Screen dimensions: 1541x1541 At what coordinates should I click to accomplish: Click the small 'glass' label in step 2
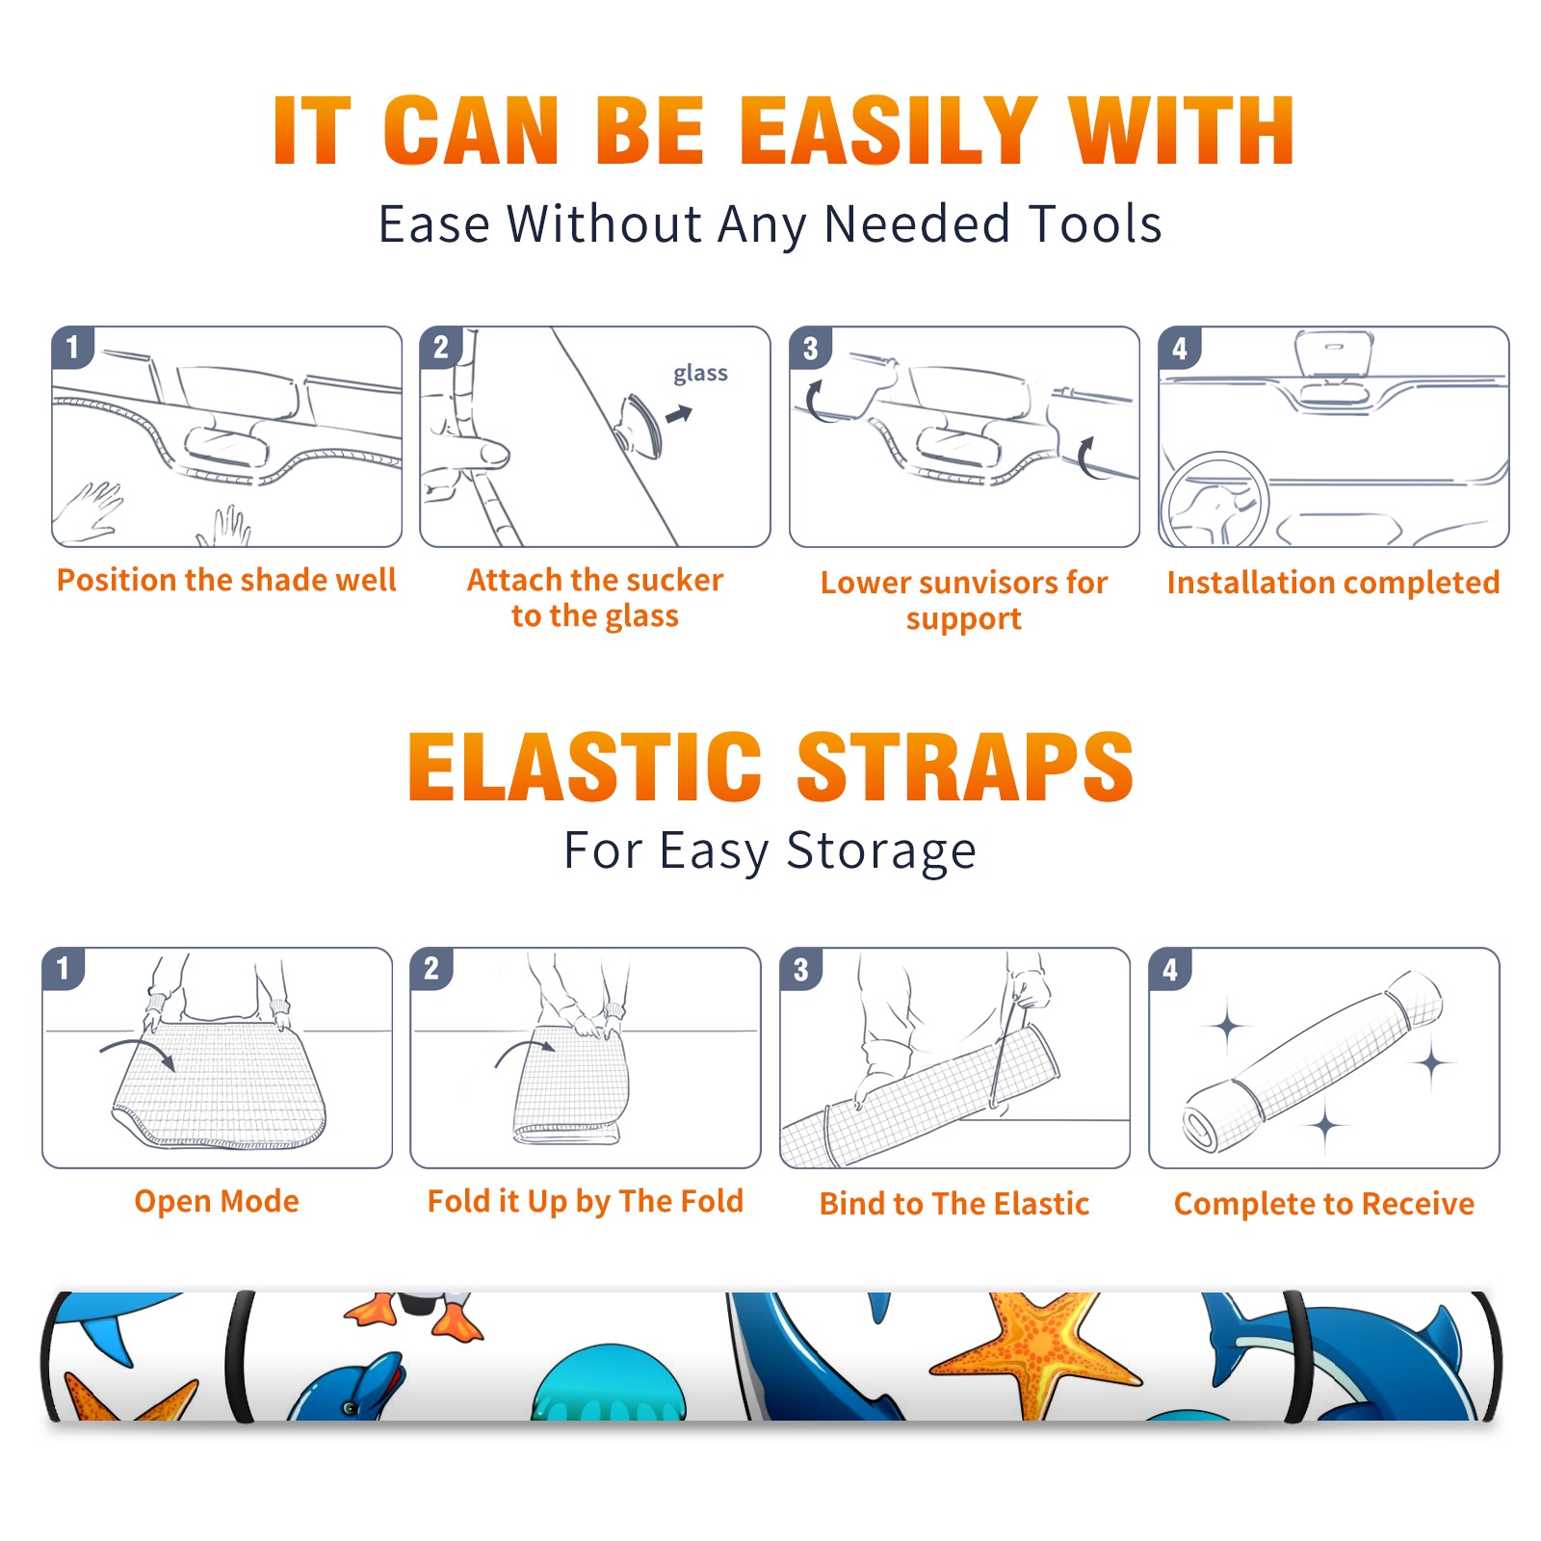[x=700, y=374]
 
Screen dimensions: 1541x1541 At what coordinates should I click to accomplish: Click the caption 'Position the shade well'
[x=226, y=580]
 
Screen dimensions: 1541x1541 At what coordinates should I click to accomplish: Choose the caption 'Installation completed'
[x=1333, y=582]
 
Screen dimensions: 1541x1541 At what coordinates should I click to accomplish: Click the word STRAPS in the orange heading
[x=965, y=767]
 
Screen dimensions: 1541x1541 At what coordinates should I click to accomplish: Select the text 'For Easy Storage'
[x=770, y=850]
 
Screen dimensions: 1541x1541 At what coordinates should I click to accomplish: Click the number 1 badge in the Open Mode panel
[x=64, y=968]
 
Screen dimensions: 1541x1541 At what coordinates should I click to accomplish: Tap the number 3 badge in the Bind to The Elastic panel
[x=800, y=969]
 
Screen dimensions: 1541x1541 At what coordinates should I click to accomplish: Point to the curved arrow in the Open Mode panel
[x=138, y=1050]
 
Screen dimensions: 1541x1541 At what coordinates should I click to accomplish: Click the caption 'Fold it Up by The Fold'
[x=585, y=1201]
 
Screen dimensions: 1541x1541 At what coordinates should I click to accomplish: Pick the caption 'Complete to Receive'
[x=1323, y=1204]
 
